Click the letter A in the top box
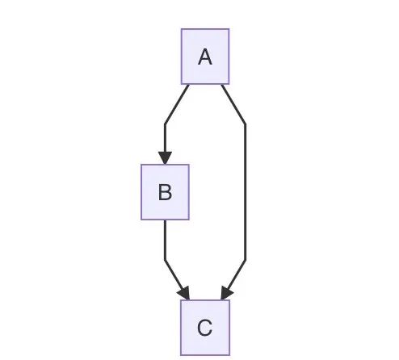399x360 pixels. click(x=205, y=57)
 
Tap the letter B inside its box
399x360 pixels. click(x=165, y=192)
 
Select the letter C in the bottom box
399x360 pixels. click(x=205, y=328)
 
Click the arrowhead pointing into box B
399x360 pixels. click(x=165, y=158)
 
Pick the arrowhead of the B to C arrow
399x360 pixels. click(x=185, y=294)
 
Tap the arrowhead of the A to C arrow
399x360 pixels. click(x=226, y=294)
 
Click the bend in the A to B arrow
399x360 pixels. click(x=165, y=124)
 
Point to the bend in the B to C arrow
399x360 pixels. click(x=165, y=260)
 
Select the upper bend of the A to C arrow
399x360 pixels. click(x=246, y=124)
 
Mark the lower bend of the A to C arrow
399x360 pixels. click(x=246, y=260)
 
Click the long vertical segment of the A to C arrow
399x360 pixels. click(x=246, y=192)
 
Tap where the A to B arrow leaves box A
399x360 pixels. click(x=188, y=85)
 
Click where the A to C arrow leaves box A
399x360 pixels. click(x=222, y=85)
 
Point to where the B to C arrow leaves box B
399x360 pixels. click(x=165, y=220)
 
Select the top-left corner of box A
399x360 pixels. click(x=182, y=29)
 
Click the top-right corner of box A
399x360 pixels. click(x=229, y=29)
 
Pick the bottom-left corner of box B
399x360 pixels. click(x=141, y=220)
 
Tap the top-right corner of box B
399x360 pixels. click(x=189, y=165)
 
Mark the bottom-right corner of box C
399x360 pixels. click(x=229, y=355)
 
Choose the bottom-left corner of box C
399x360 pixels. click(x=181, y=355)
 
